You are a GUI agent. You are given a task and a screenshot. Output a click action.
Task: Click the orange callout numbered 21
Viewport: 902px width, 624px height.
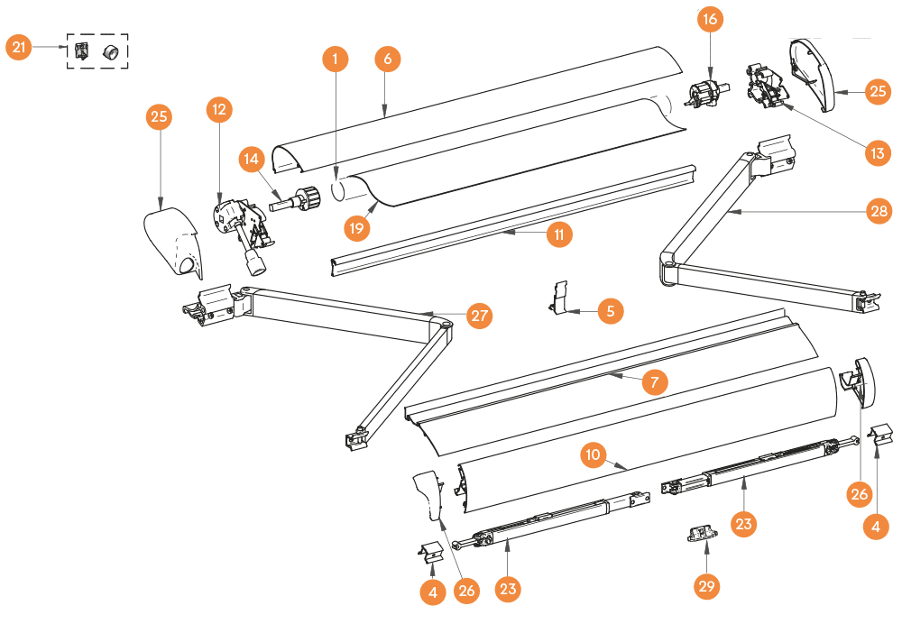tap(19, 47)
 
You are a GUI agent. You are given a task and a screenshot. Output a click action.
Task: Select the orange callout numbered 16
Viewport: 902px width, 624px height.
tap(711, 19)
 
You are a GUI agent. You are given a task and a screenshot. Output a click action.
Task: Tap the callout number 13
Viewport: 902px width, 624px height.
tap(878, 153)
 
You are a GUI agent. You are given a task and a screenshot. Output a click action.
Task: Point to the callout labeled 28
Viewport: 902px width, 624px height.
tap(879, 211)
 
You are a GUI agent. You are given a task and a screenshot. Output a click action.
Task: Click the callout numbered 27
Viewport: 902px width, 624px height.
tap(479, 316)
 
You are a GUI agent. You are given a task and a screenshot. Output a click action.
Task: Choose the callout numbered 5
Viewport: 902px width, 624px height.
tap(611, 311)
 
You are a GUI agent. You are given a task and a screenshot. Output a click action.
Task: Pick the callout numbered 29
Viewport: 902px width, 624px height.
tap(706, 586)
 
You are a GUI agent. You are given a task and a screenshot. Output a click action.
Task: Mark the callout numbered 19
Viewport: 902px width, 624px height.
tap(356, 228)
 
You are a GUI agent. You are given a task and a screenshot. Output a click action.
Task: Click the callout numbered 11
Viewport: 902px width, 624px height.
tap(559, 234)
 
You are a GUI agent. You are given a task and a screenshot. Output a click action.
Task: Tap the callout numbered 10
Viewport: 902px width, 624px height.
tap(594, 454)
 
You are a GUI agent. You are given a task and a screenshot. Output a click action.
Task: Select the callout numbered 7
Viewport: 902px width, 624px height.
tap(655, 381)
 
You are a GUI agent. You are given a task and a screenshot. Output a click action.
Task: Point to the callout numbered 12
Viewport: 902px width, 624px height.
tap(219, 109)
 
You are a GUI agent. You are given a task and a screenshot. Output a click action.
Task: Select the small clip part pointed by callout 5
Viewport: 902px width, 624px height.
tap(557, 298)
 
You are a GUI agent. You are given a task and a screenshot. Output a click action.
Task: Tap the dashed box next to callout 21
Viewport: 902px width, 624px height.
tap(97, 51)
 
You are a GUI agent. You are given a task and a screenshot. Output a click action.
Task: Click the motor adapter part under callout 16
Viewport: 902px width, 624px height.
tap(707, 94)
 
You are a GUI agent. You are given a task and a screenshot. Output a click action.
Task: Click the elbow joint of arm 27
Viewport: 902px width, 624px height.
tap(441, 326)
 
